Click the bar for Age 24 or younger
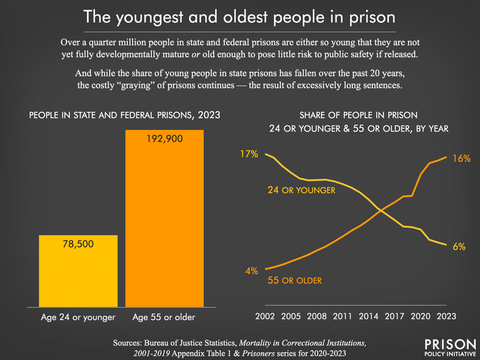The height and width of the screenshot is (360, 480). pos(78,270)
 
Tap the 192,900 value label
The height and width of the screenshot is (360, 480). pos(164,139)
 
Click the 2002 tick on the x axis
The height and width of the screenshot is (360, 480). pos(265,316)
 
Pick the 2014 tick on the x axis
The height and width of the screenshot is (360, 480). pos(376,316)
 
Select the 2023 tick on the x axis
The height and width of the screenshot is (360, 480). pos(446,316)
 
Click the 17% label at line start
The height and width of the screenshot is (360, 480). pos(249,154)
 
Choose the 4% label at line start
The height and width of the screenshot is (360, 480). pos(250,270)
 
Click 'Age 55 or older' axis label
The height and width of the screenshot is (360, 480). pos(164,316)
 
